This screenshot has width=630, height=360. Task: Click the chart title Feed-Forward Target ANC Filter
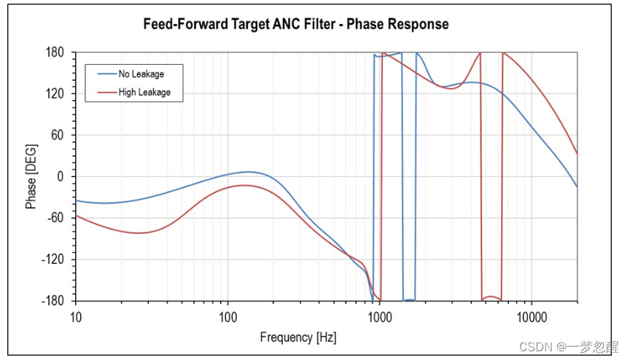295,25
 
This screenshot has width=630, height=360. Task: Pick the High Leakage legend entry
144,92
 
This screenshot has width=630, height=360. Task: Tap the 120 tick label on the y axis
57,94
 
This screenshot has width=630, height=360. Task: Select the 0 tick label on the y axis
62,177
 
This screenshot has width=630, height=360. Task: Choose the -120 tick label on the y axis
56,259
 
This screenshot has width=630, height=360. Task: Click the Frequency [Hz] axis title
298,337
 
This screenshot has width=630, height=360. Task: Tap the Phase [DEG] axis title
31,177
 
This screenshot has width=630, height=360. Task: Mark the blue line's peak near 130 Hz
249,172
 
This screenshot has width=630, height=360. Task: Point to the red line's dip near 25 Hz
139,233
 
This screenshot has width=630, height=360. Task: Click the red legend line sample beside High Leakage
106,92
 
